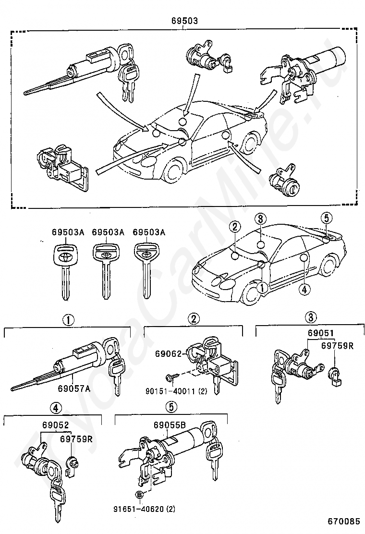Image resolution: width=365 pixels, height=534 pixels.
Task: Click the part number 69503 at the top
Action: pyautogui.click(x=184, y=21)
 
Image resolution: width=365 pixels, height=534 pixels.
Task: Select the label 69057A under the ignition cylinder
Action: pyautogui.click(x=74, y=388)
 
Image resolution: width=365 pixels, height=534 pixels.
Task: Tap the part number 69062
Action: pyautogui.click(x=169, y=353)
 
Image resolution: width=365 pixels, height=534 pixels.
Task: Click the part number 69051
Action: pyautogui.click(x=320, y=333)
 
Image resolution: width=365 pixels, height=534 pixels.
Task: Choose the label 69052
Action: pyautogui.click(x=56, y=425)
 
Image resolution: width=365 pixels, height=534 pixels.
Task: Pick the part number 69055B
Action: pyautogui.click(x=170, y=425)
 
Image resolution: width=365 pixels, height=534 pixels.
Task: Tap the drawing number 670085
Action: pyautogui.click(x=344, y=521)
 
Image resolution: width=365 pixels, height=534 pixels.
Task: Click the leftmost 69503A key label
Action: pyautogui.click(x=68, y=232)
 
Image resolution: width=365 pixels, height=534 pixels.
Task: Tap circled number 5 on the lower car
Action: pyautogui.click(x=326, y=218)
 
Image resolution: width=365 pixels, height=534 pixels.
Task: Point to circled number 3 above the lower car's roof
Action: pyautogui.click(x=260, y=218)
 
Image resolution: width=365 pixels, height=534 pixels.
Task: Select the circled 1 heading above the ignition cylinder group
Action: pyautogui.click(x=68, y=320)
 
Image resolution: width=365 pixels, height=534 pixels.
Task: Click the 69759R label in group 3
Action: pyautogui.click(x=338, y=346)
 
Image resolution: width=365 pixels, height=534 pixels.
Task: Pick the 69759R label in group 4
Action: pyautogui.click(x=76, y=438)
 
